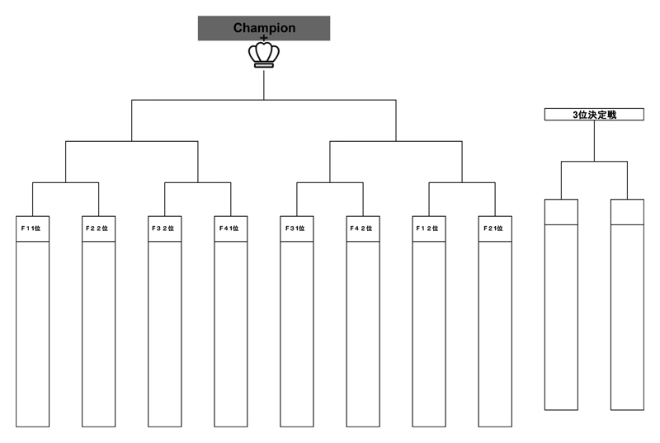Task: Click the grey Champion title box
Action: pyautogui.click(x=264, y=28)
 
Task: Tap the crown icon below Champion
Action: pyautogui.click(x=264, y=54)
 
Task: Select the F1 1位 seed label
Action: pyautogui.click(x=31, y=229)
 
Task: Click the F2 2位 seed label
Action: pyautogui.click(x=97, y=229)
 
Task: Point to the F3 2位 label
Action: pyautogui.click(x=163, y=229)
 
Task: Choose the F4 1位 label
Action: pyautogui.click(x=229, y=229)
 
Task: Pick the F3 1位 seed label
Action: pyautogui.click(x=295, y=229)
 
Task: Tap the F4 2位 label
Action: pyautogui.click(x=361, y=229)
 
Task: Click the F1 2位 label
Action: pyautogui.click(x=427, y=229)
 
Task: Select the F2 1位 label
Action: pyautogui.click(x=493, y=229)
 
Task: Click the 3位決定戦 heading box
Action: pyautogui.click(x=594, y=115)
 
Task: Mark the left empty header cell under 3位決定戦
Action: pyautogui.click(x=561, y=212)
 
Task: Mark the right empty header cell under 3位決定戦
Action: pyautogui.click(x=627, y=212)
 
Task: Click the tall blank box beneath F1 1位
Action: pyautogui.click(x=32, y=334)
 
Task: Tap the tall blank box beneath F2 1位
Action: pyautogui.click(x=495, y=334)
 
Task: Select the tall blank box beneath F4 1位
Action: pyautogui.click(x=231, y=334)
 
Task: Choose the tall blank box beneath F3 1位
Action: pyautogui.click(x=297, y=334)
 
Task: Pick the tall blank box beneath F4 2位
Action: pyautogui.click(x=363, y=334)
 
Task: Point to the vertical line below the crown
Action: pyautogui.click(x=264, y=85)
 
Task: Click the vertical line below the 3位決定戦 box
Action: pyautogui.click(x=594, y=141)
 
